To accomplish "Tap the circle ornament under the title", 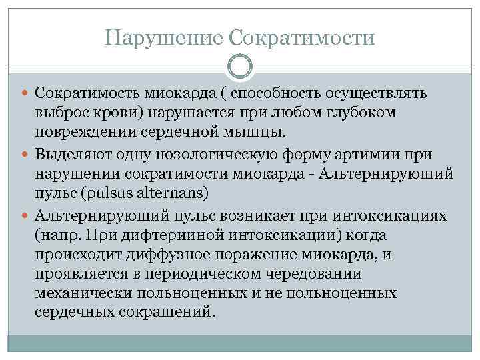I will [x=239, y=67].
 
